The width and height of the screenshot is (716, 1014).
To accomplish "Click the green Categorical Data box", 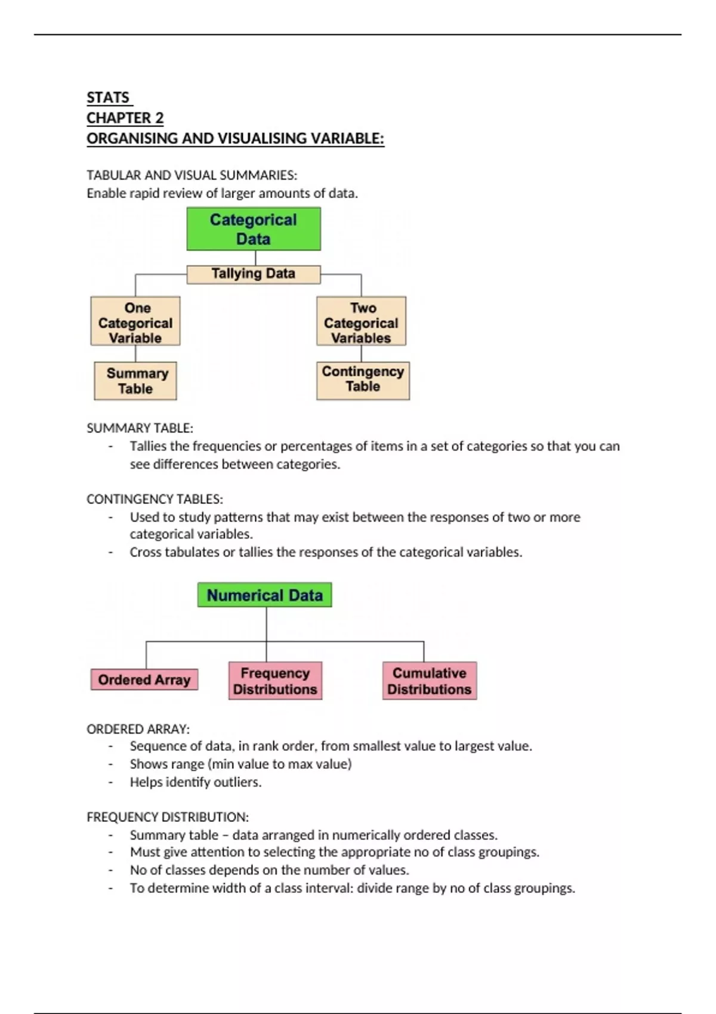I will (254, 229).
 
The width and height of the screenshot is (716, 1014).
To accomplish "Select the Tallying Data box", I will (254, 274).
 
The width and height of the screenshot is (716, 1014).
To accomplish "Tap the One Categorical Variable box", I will (135, 322).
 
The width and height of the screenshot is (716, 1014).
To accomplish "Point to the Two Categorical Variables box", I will (361, 322).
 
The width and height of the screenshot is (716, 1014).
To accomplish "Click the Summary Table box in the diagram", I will (135, 381).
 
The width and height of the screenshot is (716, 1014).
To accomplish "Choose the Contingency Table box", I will (363, 380).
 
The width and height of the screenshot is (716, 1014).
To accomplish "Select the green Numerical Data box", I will (264, 595).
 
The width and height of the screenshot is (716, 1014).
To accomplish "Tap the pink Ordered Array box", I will (144, 679).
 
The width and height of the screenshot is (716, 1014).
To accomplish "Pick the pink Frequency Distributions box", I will (275, 681).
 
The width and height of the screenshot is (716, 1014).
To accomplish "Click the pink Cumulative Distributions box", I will (430, 681).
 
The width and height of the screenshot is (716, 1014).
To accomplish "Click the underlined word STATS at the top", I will (108, 98).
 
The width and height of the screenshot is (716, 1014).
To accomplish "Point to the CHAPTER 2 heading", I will (125, 118).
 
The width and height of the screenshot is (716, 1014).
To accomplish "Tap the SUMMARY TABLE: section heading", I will (140, 428).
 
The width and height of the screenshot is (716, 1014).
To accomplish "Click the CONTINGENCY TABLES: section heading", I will (155, 499).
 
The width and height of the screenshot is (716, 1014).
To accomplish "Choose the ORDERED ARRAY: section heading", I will (138, 729).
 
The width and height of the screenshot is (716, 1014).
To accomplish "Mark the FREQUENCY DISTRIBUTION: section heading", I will (168, 817).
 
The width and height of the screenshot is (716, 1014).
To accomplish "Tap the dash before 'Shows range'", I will (110, 764).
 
